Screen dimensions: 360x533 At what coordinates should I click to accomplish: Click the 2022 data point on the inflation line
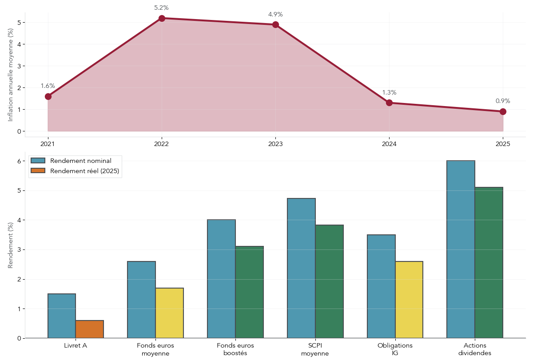162,18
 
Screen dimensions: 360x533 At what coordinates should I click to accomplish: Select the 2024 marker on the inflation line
389,103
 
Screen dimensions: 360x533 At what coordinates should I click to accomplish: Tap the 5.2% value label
161,8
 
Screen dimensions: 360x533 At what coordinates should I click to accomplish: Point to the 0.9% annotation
503,101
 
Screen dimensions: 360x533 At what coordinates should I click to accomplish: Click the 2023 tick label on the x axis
275,144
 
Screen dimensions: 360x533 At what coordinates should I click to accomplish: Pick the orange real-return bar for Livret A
90,329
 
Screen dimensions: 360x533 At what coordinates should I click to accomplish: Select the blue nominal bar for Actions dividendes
461,249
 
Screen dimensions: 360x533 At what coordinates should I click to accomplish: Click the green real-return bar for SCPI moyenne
330,281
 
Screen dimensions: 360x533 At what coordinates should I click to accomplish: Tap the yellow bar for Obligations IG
409,300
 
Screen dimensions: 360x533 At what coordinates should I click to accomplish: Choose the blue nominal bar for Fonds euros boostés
221,279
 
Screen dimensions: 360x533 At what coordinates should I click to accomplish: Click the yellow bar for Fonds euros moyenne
169,313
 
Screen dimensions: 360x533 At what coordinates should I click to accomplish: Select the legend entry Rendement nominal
80,161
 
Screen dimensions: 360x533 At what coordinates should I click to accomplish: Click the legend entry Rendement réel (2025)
84,171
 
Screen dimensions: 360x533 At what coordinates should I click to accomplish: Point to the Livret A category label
76,346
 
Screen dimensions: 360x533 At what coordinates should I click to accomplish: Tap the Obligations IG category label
395,349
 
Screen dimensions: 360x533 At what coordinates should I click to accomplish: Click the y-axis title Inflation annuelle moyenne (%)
11,75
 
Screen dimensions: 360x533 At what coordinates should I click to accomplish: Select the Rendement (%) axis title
11,245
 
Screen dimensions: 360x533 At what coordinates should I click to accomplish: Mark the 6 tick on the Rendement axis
19,161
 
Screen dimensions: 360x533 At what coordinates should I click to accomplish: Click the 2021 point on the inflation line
48,96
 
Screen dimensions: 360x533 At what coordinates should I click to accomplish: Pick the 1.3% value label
389,93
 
